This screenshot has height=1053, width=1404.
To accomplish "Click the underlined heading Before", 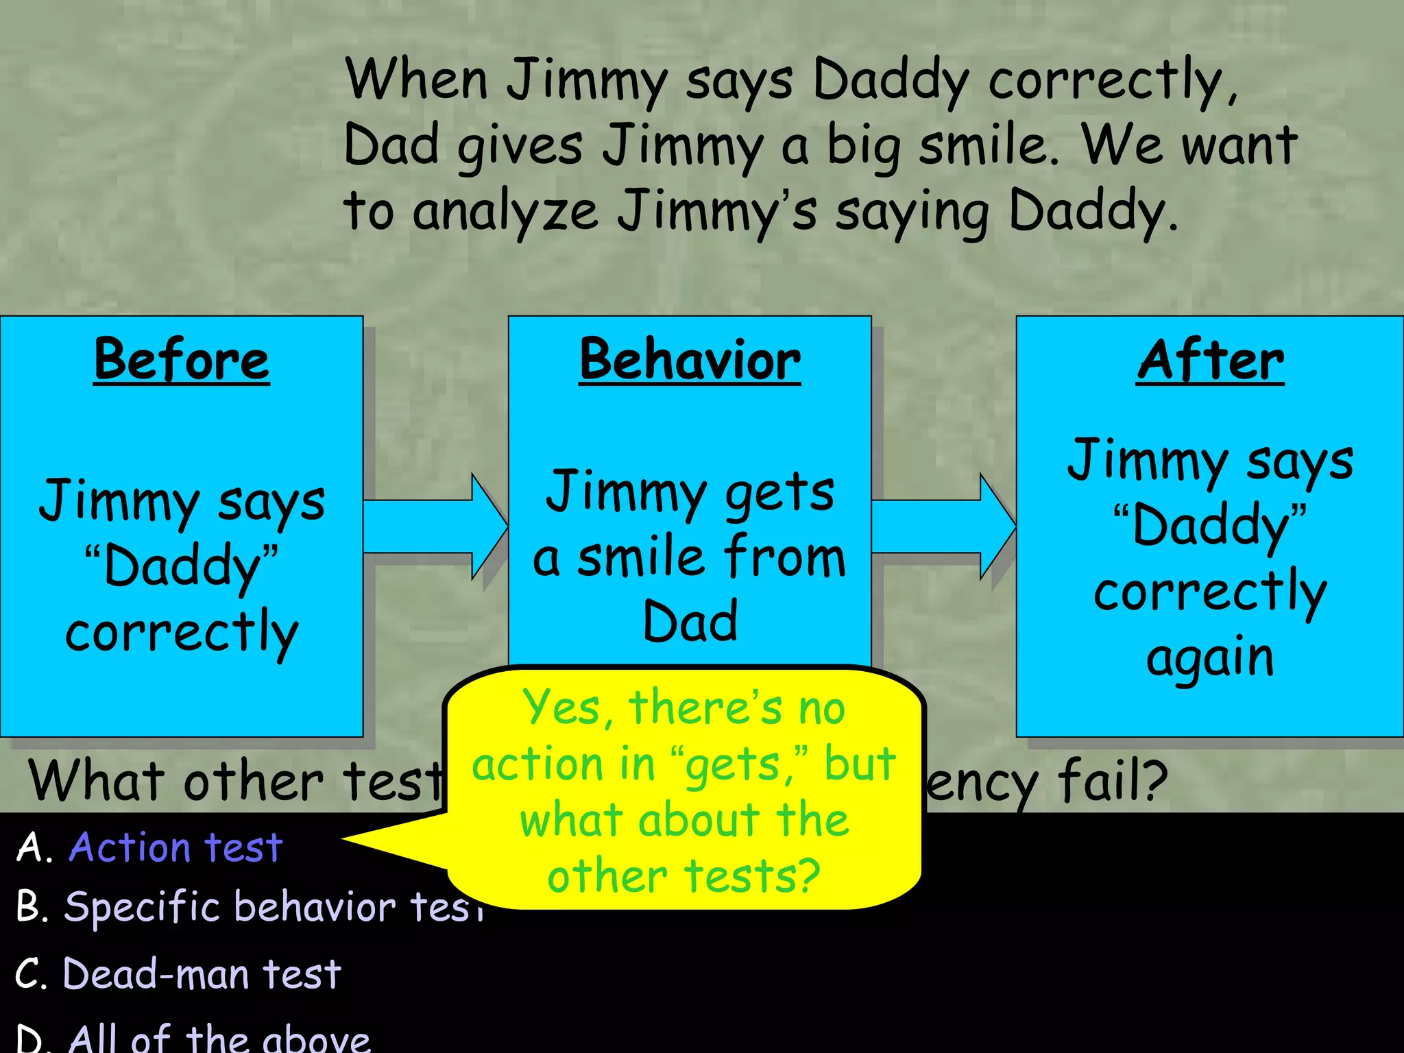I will click(182, 360).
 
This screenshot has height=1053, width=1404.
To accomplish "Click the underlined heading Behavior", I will click(690, 360).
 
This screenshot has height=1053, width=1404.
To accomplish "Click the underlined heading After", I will click(1210, 360).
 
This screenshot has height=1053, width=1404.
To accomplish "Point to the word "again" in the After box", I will click(1210, 658).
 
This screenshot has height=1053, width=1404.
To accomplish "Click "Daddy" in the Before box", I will click(182, 566).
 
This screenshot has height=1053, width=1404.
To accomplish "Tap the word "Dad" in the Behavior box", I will click(690, 621).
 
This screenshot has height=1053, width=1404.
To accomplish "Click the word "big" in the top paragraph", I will click(863, 147).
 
